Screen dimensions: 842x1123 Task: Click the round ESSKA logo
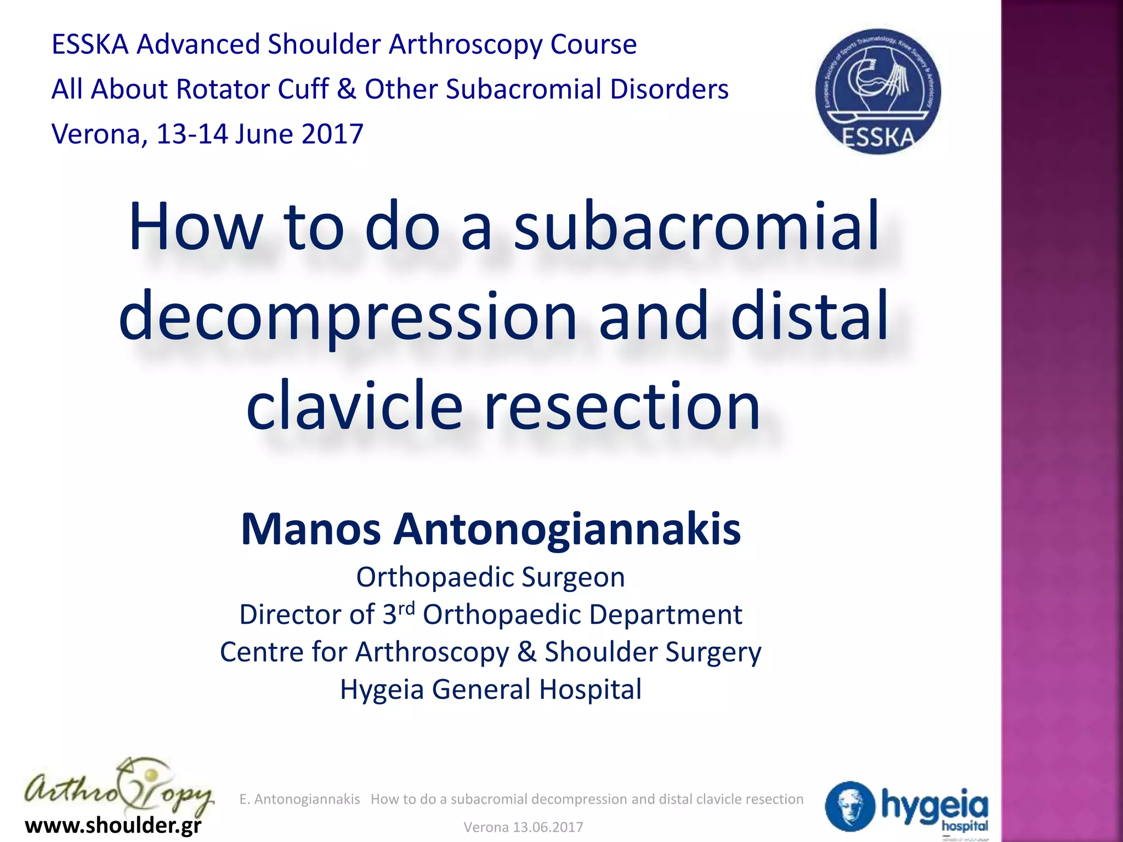click(878, 91)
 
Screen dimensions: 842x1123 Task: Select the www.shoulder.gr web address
click(114, 825)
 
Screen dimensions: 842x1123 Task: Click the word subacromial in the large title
click(696, 226)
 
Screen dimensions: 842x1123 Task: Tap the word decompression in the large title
click(348, 317)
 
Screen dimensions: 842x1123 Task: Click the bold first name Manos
click(311, 530)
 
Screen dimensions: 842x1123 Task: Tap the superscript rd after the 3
click(406, 608)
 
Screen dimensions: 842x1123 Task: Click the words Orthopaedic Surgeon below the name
click(491, 577)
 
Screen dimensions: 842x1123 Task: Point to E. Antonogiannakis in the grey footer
click(299, 799)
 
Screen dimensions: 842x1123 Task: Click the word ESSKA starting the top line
click(90, 44)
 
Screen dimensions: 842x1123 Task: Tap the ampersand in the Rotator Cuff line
click(347, 89)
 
